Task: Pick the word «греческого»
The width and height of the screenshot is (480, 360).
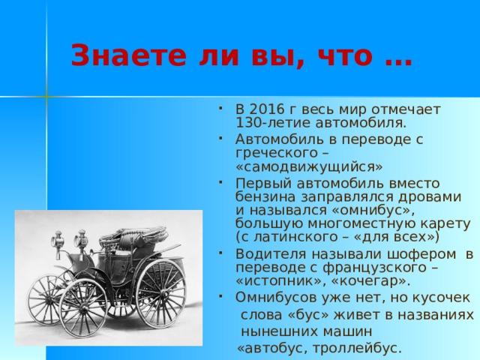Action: pyautogui.click(x=271, y=151)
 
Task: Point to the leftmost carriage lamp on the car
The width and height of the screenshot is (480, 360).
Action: pyautogui.click(x=55, y=241)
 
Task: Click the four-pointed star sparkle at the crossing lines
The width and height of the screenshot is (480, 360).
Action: pyautogui.click(x=46, y=97)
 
